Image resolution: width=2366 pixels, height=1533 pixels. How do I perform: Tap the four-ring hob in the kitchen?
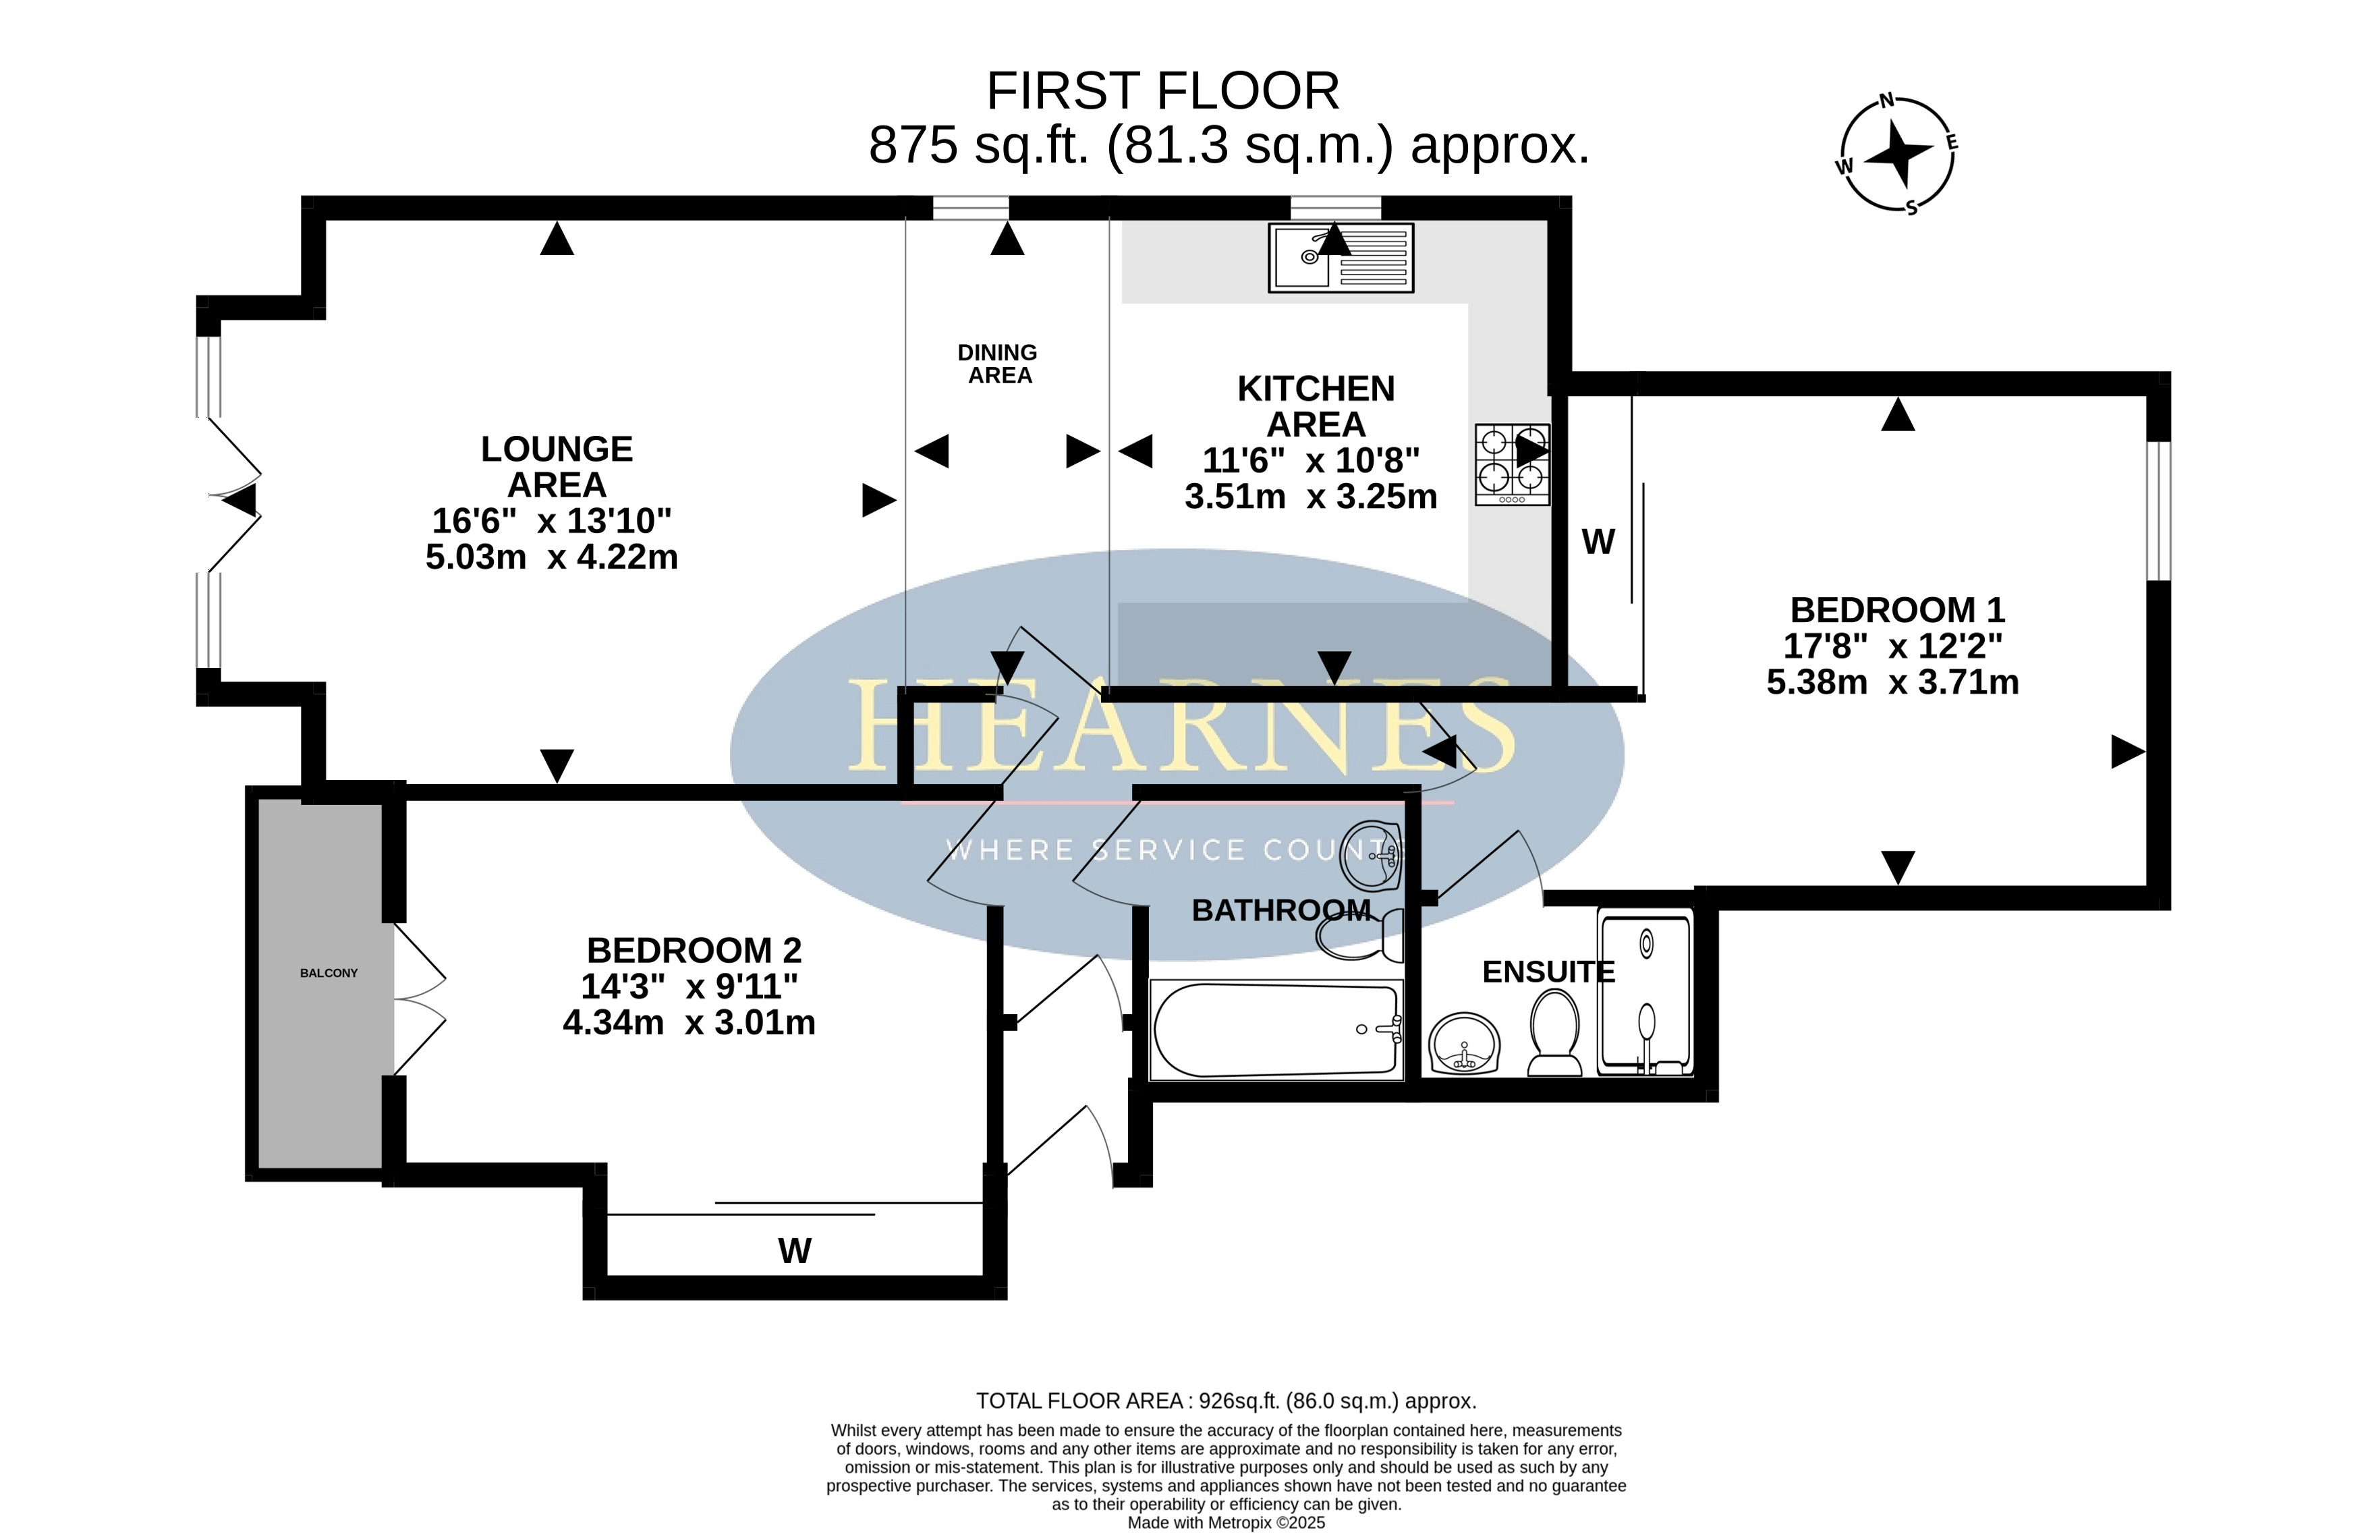coord(1512,464)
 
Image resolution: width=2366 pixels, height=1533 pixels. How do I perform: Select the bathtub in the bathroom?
coord(1276,1030)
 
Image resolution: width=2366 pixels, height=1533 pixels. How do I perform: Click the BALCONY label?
coord(329,973)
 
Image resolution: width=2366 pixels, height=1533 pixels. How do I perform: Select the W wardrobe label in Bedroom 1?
coord(1598,542)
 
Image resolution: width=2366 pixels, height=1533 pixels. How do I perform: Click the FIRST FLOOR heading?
coord(1162,92)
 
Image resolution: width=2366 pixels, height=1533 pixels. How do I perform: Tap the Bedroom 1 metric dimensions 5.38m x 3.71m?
coord(1893,682)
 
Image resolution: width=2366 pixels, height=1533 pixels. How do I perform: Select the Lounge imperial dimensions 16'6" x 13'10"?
coord(552,520)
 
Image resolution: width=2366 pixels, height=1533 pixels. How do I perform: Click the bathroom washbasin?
coord(1371,855)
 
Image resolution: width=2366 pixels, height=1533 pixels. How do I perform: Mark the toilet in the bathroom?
coord(1360,935)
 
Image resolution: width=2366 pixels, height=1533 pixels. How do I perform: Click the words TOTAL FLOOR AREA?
coord(1079,1401)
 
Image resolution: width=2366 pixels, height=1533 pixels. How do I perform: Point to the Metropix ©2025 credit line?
coord(1226,1522)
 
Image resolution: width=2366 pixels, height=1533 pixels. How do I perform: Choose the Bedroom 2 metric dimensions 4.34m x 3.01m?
coord(689,1022)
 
